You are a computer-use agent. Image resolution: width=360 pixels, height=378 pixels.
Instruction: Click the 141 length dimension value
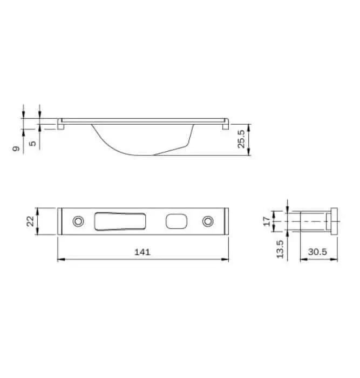click(x=142, y=252)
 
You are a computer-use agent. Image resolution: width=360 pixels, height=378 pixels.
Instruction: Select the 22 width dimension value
click(x=31, y=221)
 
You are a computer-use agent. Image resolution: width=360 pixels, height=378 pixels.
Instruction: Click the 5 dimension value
click(x=33, y=144)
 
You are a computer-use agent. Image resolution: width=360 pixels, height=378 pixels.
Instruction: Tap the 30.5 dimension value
click(x=318, y=252)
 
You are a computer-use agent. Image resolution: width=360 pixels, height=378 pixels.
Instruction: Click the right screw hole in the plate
click(x=207, y=221)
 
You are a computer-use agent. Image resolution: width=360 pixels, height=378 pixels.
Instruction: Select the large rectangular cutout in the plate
click(x=120, y=221)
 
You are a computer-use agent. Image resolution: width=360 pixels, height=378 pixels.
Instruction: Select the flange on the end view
click(x=334, y=221)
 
